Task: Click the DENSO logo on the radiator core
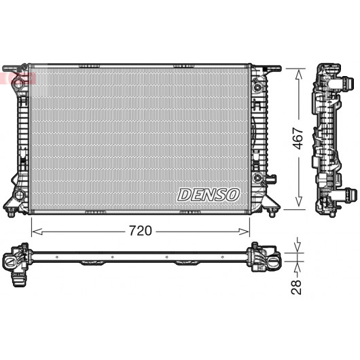tap(209, 195)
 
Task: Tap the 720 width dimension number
tap(141, 231)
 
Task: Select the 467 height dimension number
tap(298, 138)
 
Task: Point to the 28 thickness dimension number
tap(296, 287)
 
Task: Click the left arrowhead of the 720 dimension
tap(37, 232)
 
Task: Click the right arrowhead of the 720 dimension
tap(244, 232)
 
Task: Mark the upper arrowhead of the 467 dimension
tap(298, 75)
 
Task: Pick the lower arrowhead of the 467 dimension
tap(298, 201)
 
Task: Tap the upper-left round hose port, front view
tap(18, 84)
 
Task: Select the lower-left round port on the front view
tap(19, 195)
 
